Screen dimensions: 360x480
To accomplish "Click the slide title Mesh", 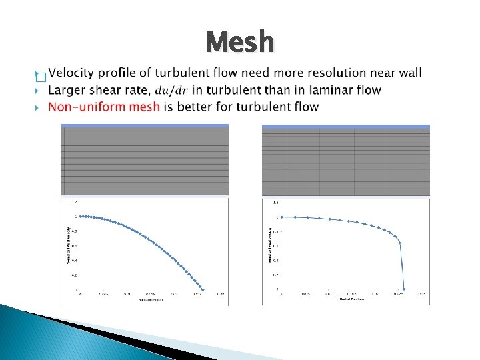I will [x=240, y=43].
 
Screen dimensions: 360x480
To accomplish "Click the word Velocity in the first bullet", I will [x=71, y=73].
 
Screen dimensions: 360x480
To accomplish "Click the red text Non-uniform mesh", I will [x=104, y=107].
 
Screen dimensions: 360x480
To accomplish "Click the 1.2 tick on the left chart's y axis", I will [x=75, y=201].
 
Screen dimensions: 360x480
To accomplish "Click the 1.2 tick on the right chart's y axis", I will [x=275, y=202].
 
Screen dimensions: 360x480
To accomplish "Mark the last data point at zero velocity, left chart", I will [x=203, y=289].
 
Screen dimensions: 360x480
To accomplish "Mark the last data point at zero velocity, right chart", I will [x=404, y=289].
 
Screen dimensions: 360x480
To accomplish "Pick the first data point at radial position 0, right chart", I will [x=282, y=217].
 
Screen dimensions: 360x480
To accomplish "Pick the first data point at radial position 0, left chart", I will [x=81, y=216].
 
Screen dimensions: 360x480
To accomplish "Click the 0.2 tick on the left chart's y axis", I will [x=75, y=275].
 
